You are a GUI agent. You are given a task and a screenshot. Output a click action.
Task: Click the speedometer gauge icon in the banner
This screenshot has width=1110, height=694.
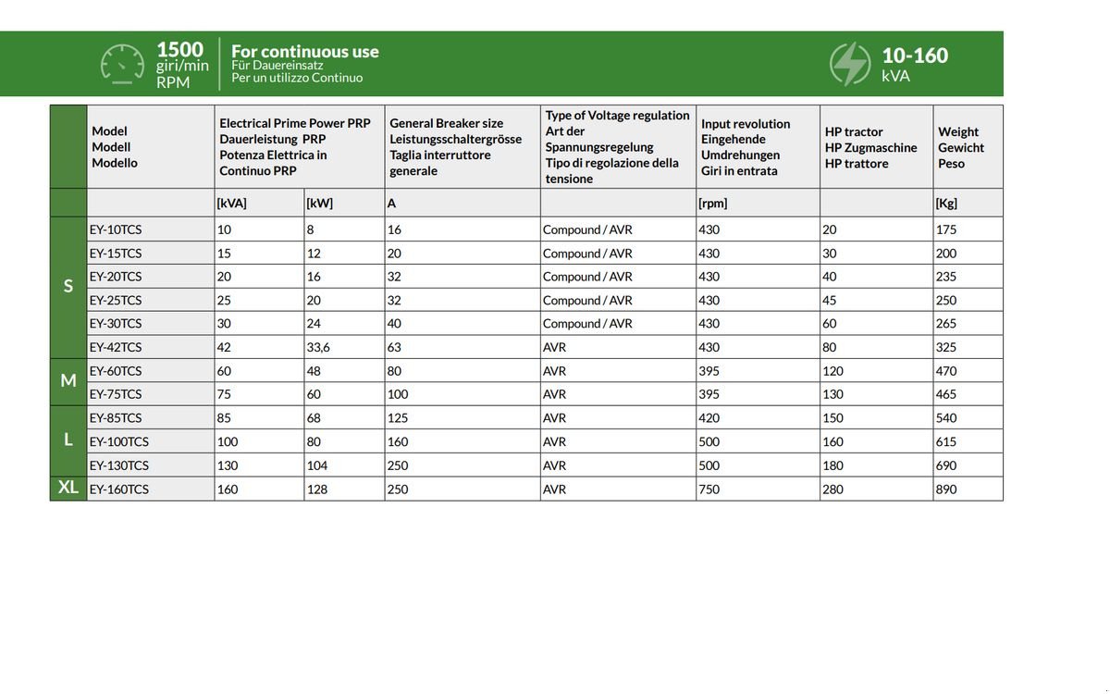pyautogui.click(x=122, y=64)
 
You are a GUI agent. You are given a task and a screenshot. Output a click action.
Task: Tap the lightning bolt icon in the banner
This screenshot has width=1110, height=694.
pyautogui.click(x=849, y=64)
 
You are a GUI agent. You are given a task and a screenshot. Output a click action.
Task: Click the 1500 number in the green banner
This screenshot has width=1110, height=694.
pyautogui.click(x=179, y=50)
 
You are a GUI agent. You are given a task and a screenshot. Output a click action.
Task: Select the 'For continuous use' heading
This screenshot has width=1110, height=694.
pyautogui.click(x=304, y=52)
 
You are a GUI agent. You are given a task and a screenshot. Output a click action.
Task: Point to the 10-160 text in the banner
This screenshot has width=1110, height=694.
pyautogui.click(x=915, y=56)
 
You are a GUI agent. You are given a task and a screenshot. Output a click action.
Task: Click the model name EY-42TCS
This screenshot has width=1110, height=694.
pyautogui.click(x=116, y=347)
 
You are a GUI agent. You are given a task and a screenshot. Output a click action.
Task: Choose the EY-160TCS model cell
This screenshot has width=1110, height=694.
pyautogui.click(x=118, y=489)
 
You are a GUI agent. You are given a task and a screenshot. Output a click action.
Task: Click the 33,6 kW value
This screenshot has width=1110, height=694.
pyautogui.click(x=318, y=347)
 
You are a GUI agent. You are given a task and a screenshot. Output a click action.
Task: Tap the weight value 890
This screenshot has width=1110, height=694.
pyautogui.click(x=946, y=489)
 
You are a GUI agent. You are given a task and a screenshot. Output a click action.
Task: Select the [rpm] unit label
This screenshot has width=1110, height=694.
pyautogui.click(x=713, y=203)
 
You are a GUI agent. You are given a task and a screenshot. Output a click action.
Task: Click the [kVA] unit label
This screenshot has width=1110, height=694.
pyautogui.click(x=231, y=203)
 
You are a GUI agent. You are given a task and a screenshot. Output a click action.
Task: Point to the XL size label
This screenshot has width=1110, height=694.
pyautogui.click(x=68, y=488)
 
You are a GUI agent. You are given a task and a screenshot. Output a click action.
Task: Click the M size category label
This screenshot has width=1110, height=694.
pyautogui.click(x=68, y=380)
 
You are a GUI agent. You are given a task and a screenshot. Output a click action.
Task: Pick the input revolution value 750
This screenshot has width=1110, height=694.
pyautogui.click(x=709, y=489)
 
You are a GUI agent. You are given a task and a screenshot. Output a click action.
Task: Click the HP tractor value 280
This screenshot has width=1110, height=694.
pyautogui.click(x=832, y=489)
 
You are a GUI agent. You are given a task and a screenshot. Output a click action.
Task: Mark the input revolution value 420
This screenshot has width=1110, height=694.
pyautogui.click(x=709, y=417)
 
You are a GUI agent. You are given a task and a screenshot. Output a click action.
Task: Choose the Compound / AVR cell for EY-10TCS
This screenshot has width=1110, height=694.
pyautogui.click(x=587, y=229)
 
